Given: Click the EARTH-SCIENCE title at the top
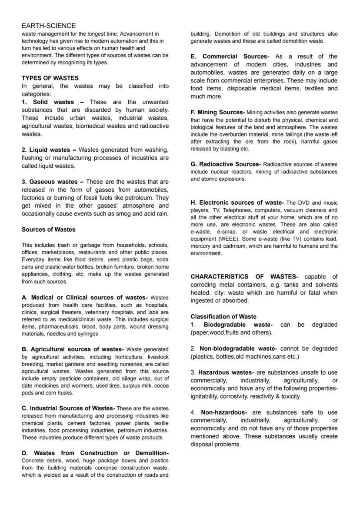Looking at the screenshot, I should [48, 26].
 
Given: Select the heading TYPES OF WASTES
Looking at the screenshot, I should [50, 78].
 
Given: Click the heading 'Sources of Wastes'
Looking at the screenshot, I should [48, 229].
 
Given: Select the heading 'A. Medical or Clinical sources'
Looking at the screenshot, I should [85, 298].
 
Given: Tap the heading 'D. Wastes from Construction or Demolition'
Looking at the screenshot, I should [95, 453].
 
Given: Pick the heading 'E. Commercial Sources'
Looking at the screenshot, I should [230, 56].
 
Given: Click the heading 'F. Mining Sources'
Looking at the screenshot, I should [218, 113].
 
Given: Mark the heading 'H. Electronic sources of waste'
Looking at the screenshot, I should [237, 203].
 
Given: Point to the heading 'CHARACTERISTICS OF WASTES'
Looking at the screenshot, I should [244, 277].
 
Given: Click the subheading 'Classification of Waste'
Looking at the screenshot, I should [223, 317].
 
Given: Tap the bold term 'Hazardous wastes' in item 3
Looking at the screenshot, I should [226, 372].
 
